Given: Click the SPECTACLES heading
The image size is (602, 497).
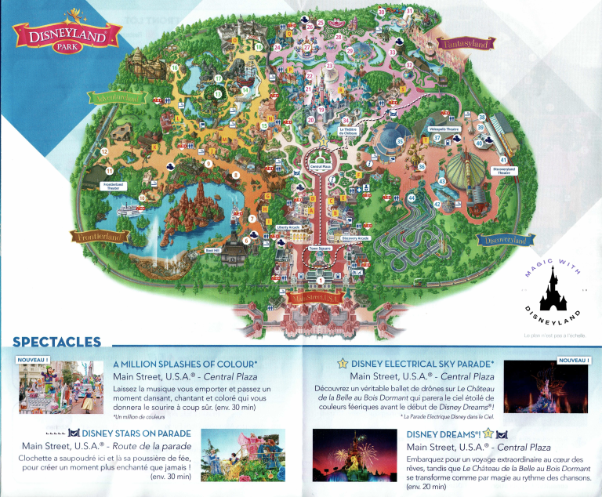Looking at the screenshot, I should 57,342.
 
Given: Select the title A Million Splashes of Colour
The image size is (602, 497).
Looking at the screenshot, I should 185,365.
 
